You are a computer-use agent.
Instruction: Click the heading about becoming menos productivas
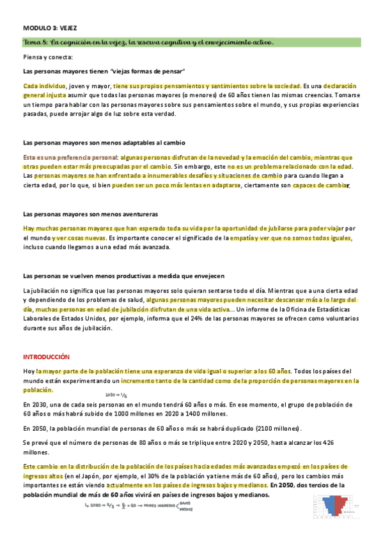[x=123, y=275]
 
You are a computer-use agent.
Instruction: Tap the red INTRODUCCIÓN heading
[x=46, y=356]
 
